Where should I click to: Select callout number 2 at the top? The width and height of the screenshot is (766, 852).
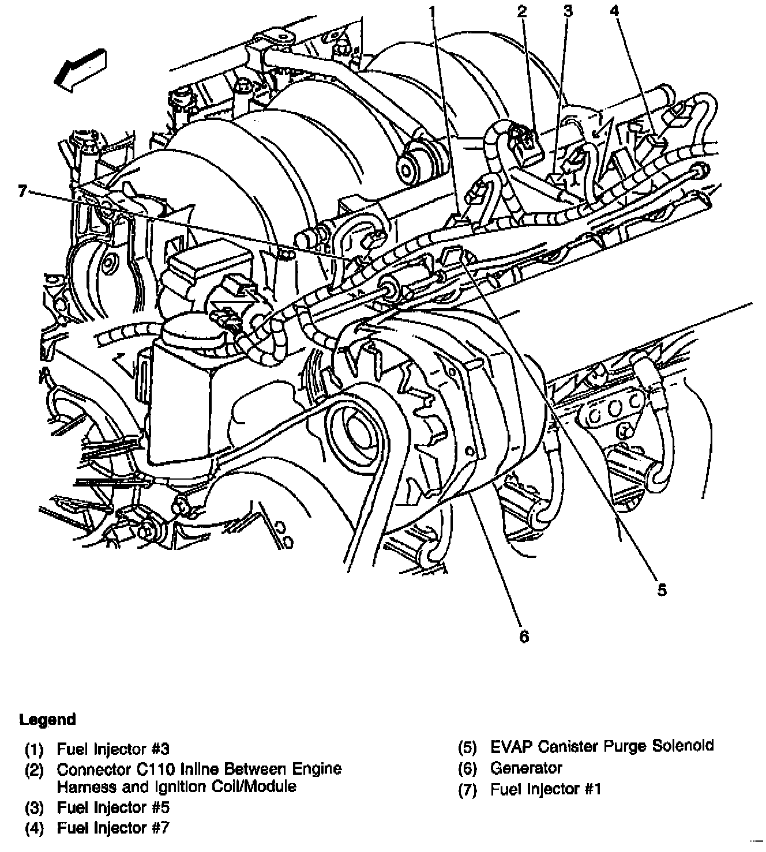click(522, 10)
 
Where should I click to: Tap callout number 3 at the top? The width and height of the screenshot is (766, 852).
click(568, 10)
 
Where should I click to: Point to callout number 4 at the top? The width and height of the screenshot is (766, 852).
click(615, 10)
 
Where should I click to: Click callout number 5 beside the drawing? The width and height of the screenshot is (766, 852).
click(662, 590)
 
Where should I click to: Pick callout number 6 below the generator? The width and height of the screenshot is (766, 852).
click(524, 636)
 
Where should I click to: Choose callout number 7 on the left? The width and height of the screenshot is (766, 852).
click(22, 190)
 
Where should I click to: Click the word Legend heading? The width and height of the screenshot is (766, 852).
click(47, 719)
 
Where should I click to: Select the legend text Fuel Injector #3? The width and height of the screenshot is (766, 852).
click(113, 749)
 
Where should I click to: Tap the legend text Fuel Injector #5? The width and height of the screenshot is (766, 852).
click(113, 808)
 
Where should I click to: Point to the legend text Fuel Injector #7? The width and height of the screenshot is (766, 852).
click(113, 828)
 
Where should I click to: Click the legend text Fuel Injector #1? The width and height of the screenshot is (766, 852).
click(546, 789)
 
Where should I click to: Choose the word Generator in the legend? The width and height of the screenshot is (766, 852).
click(526, 768)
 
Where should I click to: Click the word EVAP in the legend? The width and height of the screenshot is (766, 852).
click(511, 746)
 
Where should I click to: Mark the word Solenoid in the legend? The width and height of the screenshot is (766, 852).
click(682, 746)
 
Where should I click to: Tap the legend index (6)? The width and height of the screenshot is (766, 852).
click(467, 768)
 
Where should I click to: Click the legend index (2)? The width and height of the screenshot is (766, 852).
click(34, 770)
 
